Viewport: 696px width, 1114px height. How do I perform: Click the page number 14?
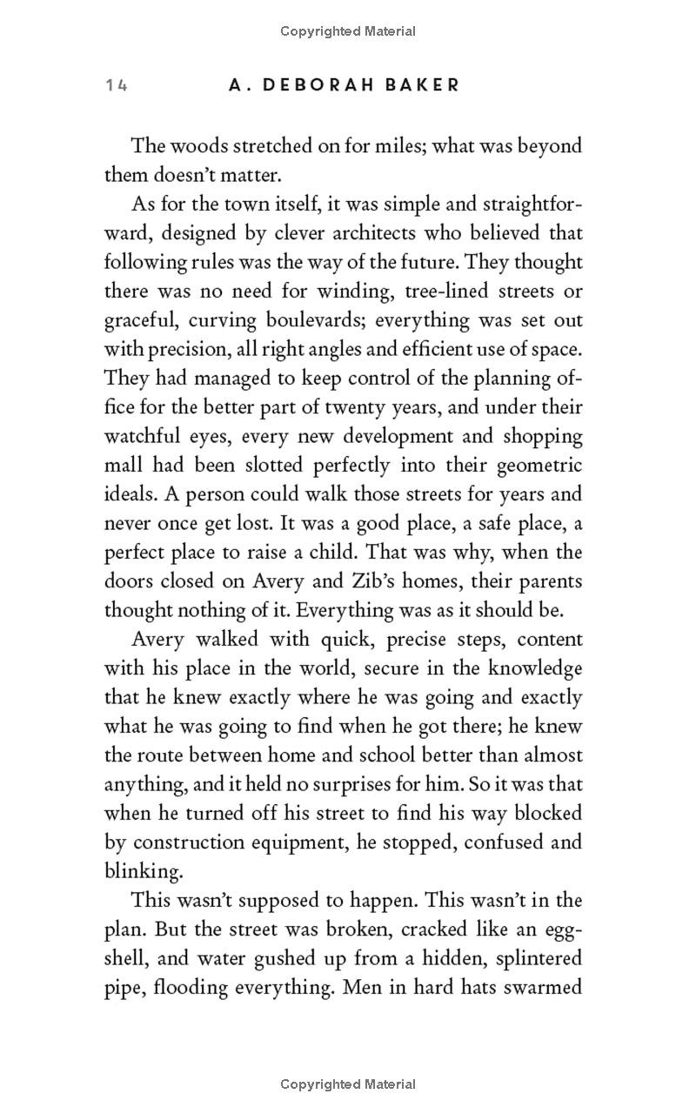tap(117, 85)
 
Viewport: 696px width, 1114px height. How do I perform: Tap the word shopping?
tap(539, 436)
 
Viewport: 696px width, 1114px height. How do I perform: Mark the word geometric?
tap(539, 466)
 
